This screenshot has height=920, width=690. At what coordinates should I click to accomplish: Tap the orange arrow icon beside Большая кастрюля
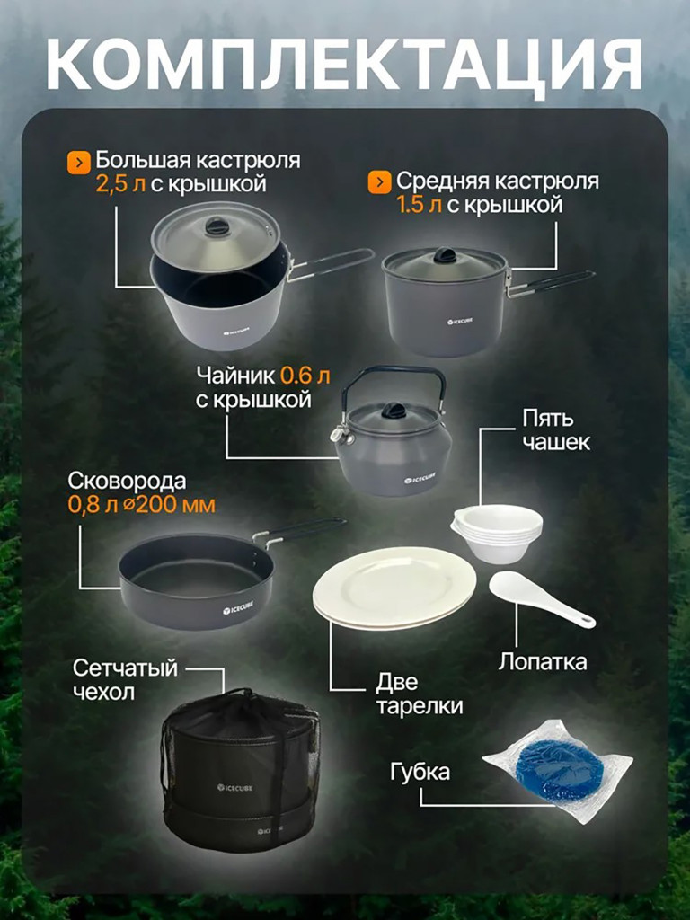coord(79,162)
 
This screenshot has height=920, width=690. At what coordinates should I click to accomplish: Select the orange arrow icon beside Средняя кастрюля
coord(378,182)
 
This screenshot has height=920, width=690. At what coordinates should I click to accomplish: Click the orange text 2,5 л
coord(118,185)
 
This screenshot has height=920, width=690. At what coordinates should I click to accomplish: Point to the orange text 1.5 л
coord(419,205)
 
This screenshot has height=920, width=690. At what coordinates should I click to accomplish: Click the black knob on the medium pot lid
coord(445,256)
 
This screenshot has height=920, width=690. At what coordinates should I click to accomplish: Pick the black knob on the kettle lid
coord(394,411)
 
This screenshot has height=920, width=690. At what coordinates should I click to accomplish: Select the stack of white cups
coord(497,534)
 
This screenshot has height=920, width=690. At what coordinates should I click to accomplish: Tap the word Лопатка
coord(543,663)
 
